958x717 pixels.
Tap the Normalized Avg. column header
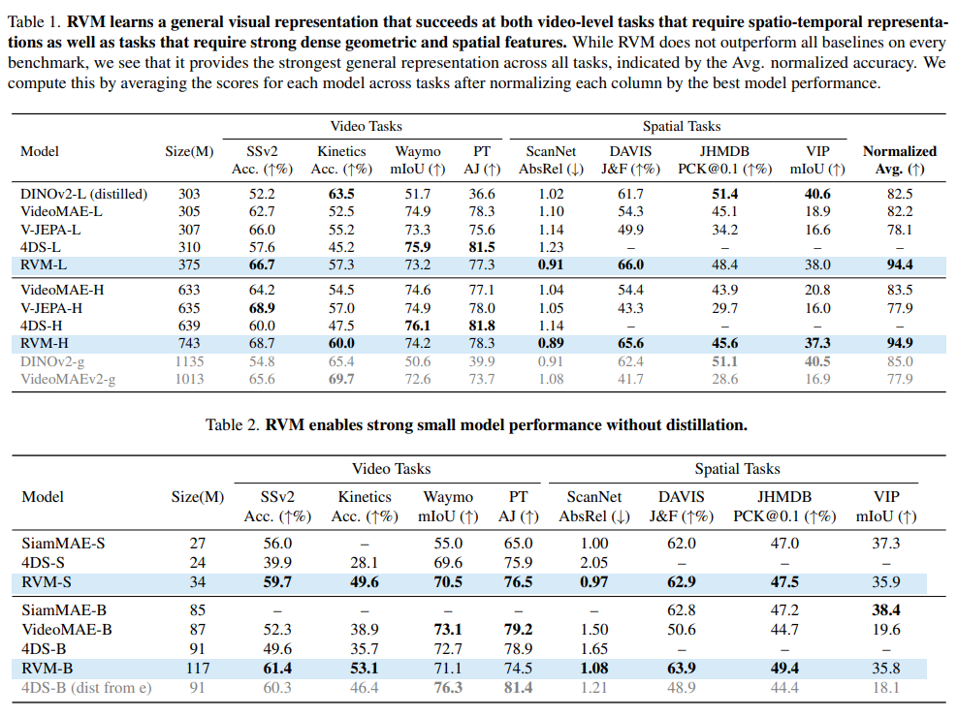coord(899,159)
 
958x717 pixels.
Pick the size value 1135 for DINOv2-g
coord(189,361)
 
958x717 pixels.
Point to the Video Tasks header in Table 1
coord(366,126)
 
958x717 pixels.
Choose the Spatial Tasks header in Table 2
coord(737,469)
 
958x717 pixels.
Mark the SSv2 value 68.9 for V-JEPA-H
coord(261,308)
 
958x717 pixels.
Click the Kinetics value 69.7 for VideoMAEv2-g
coord(341,379)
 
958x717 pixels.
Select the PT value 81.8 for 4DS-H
coord(481,326)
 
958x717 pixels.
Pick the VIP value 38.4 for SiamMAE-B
coord(885,610)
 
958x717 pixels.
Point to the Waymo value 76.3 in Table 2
coord(446,688)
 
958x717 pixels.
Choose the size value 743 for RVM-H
coord(189,343)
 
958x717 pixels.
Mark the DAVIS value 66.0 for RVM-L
coord(630,264)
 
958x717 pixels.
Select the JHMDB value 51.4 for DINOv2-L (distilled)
coord(724,194)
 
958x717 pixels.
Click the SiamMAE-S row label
coord(58,545)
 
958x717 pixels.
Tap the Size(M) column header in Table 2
coord(197,497)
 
